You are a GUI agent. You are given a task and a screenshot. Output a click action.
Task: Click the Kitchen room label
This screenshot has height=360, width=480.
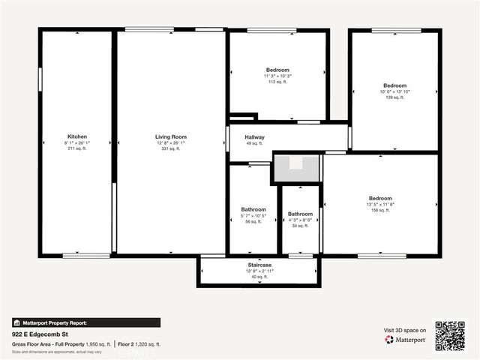click(x=77, y=136)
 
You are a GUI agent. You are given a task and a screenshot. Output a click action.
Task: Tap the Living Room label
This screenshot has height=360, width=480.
click(x=170, y=136)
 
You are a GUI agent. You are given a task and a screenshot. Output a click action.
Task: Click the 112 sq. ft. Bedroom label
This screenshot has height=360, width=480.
click(x=277, y=70)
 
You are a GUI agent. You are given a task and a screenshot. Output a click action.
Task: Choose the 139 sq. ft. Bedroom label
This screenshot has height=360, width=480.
click(x=394, y=85)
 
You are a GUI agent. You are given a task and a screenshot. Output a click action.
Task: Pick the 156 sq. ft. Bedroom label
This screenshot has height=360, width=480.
click(x=379, y=199)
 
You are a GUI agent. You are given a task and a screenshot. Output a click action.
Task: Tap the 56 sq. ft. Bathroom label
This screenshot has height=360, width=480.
click(x=253, y=209)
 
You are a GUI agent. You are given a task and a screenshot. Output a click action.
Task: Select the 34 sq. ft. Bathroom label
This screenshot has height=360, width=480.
click(x=300, y=214)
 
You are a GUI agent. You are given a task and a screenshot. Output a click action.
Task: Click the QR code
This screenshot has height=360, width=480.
click(x=450, y=335)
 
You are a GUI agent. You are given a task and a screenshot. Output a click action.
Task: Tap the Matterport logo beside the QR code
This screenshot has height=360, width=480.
click(x=405, y=340)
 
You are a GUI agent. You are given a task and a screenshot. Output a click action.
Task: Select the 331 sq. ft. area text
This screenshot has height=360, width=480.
click(x=170, y=148)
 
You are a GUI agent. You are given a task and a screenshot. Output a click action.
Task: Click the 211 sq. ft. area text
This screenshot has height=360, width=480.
click(x=77, y=148)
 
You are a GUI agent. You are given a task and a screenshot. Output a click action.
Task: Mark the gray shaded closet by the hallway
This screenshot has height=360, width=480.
click(x=298, y=168)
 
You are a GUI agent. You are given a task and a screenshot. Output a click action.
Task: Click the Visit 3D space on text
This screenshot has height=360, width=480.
click(x=405, y=330)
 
